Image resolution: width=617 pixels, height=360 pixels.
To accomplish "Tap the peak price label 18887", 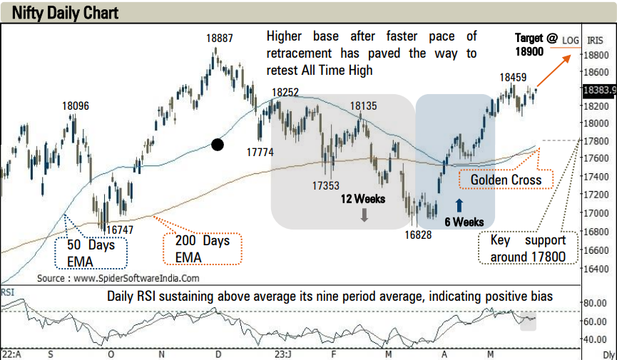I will pos(220,38).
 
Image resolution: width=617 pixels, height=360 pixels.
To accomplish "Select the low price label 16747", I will pos(116,230).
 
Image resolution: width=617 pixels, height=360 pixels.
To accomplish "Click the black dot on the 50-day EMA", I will pos(218,145).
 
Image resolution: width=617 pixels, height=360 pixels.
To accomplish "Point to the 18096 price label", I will pos(76,106).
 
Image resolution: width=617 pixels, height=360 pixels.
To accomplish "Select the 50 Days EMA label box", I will pos(91,252).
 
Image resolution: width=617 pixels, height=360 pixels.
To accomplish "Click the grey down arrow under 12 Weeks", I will pos(364,214).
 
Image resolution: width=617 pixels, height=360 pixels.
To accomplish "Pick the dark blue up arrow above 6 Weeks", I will pos(459,207).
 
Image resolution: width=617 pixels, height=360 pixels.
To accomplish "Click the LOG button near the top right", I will pos(570,41).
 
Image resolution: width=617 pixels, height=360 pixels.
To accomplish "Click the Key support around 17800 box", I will pos(527,247).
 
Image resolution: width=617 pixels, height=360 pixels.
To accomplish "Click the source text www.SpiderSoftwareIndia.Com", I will pos(118,278).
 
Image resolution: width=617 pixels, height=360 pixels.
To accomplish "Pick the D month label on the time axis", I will pos(218,353).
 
